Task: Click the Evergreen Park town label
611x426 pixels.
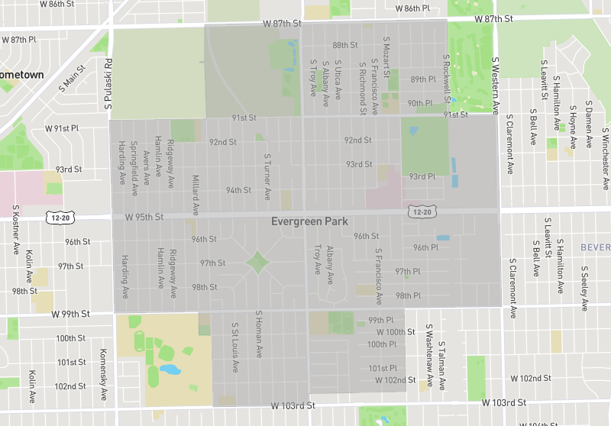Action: click(x=309, y=221)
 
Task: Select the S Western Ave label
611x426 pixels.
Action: click(x=495, y=84)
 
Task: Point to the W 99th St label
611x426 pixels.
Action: click(x=71, y=314)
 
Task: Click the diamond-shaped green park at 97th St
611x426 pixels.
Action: click(x=257, y=263)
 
